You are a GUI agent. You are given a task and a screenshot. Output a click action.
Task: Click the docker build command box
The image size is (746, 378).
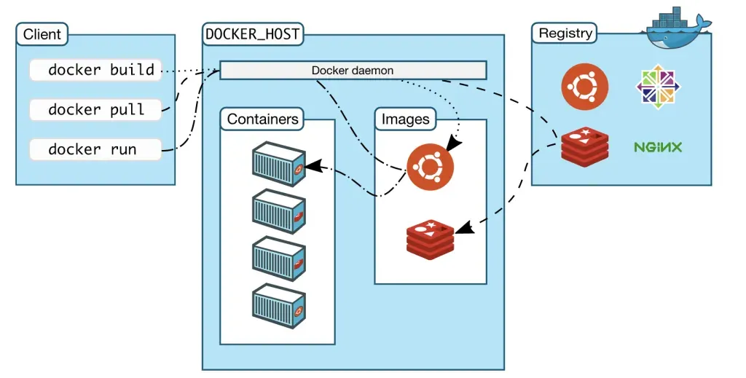(95, 71)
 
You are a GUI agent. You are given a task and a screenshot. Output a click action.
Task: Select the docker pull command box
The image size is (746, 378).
(95, 110)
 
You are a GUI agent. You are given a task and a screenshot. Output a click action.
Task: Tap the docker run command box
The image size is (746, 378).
(95, 149)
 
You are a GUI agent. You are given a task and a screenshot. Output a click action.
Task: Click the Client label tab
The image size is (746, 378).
(42, 34)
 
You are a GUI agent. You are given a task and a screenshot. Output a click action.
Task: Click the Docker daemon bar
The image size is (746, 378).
(353, 71)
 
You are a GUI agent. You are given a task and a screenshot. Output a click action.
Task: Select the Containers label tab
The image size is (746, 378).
(262, 119)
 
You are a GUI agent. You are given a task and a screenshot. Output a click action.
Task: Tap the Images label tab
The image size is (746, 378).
(405, 119)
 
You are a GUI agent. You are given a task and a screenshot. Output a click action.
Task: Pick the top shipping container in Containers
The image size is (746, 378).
(278, 163)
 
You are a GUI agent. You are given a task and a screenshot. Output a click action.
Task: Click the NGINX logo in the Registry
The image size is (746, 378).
(658, 147)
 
